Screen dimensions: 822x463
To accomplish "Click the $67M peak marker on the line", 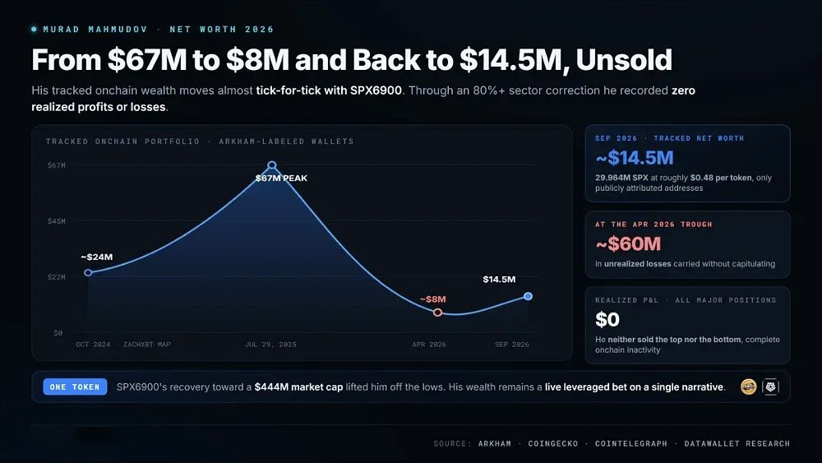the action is coord(271,165).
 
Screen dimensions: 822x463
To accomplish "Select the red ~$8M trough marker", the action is coord(438,313).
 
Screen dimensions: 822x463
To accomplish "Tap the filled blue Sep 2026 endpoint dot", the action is coord(528,296).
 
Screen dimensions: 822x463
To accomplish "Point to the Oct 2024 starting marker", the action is coord(88,273).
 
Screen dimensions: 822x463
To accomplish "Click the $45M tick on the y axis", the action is coord(57,221).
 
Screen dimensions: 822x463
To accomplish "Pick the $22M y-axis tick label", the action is coord(57,277).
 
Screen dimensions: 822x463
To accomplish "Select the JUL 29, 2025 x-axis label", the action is coord(270,345).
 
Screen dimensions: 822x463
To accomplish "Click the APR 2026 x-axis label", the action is coord(429,345).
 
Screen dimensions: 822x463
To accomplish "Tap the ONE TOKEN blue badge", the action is coord(75,387).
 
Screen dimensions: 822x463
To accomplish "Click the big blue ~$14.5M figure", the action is coord(635,158).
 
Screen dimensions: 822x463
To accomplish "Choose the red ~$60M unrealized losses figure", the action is coord(628,243).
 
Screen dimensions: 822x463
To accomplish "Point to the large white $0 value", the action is coord(607,319).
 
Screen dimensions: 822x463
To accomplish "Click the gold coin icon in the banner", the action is coord(748,387).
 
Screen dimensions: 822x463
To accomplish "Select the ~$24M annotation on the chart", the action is coord(96,257).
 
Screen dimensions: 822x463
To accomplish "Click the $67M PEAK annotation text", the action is coord(281,178).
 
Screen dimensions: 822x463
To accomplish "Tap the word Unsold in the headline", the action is coord(624,60).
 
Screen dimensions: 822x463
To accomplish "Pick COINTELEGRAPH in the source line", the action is coord(631,443).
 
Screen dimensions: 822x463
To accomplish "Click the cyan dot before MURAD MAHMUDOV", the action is coord(34,30).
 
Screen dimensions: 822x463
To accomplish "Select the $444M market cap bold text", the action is coord(299,387).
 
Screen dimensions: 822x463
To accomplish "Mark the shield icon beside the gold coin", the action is coord(770,387).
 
